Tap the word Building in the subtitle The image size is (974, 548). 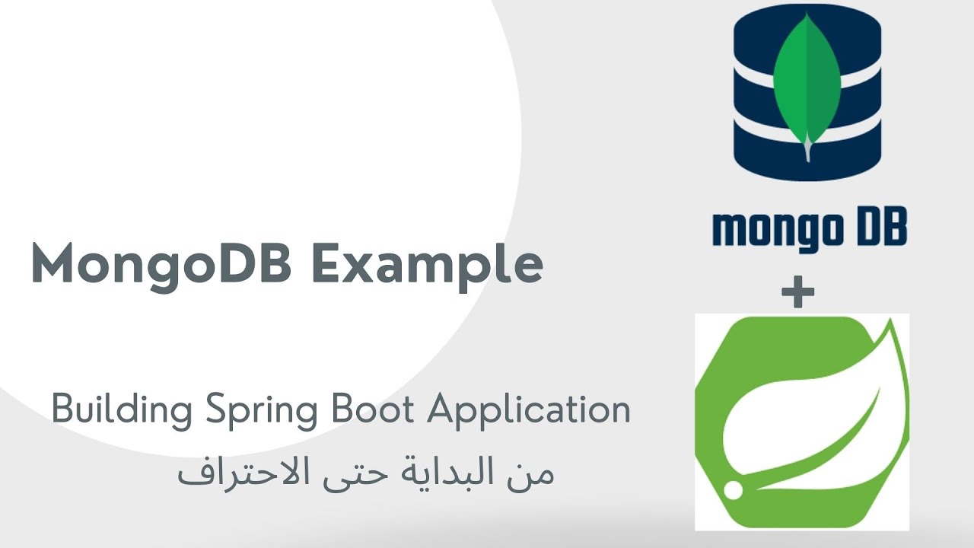point(122,411)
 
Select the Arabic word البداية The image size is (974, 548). point(452,473)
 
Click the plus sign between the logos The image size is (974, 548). point(797,293)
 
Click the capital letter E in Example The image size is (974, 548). point(329,264)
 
